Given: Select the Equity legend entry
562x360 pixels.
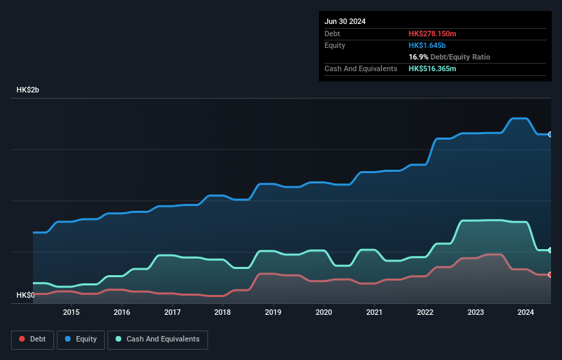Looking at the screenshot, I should coord(81,339).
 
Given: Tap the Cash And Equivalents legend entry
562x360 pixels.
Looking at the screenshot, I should coord(157,339).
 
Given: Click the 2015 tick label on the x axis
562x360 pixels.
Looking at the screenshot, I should coord(71,313).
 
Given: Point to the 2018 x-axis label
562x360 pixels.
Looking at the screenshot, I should coord(222,313).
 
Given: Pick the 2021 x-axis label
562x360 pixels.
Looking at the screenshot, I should coord(374,313).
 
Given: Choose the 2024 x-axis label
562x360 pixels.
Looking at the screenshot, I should coord(526,313).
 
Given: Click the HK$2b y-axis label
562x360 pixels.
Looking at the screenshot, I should coord(28,90).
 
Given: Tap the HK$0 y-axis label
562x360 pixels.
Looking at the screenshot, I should coord(25,295).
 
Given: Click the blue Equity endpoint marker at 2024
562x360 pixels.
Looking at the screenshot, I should coord(550,134).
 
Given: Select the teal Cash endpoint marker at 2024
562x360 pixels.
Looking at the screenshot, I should coord(550,250).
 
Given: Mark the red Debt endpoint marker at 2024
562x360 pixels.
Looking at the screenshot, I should coord(550,274).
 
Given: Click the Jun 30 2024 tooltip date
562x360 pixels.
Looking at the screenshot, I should coord(345,21).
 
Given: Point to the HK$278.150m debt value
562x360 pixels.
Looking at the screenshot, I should coord(432,34).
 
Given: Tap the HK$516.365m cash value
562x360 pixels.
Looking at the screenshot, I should coord(432,68).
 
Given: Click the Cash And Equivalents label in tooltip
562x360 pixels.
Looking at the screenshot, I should coord(361,68).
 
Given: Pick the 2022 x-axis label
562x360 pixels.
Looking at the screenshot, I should coord(425,313).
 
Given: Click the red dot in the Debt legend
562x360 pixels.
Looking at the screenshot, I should coord(23,339).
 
